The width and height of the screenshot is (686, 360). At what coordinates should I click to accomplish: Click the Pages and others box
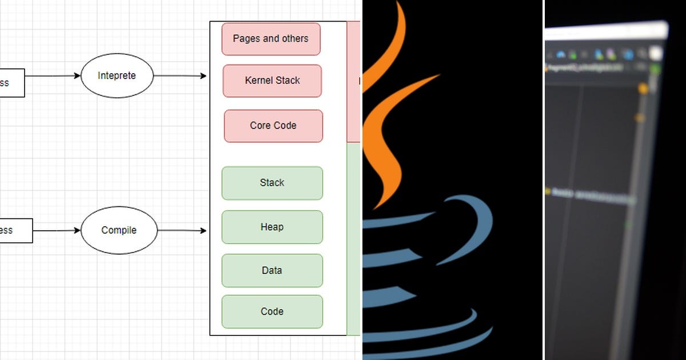tap(271, 39)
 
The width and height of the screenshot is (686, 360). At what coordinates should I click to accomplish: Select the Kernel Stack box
tap(272, 81)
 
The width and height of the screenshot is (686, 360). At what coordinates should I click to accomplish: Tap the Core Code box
tap(273, 126)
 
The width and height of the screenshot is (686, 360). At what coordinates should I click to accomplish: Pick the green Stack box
tap(272, 183)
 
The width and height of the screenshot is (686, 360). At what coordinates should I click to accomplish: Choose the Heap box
tap(272, 227)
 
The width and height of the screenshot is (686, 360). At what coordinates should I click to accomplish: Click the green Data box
tap(272, 270)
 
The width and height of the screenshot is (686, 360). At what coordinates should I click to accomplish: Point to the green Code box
tap(272, 311)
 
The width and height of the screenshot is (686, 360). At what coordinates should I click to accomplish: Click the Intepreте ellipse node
tap(117, 75)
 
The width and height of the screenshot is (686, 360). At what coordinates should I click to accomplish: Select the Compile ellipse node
tap(119, 230)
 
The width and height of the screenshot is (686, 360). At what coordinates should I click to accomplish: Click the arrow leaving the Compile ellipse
tap(182, 231)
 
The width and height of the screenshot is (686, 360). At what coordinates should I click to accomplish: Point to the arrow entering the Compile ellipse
tap(57, 230)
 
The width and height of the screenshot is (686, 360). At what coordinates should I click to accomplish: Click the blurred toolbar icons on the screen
tap(600, 55)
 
